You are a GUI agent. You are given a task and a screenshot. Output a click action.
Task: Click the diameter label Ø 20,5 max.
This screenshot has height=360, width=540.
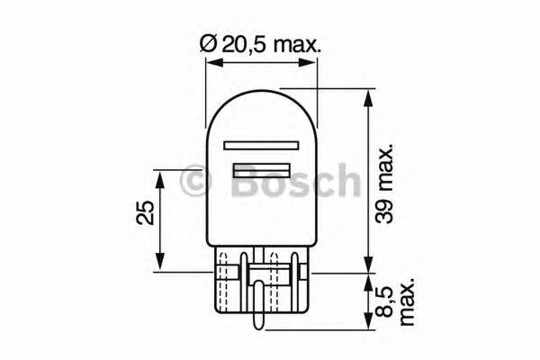click(260, 43)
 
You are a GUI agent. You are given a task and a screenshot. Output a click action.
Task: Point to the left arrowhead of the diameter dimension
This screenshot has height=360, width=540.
click(213, 62)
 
